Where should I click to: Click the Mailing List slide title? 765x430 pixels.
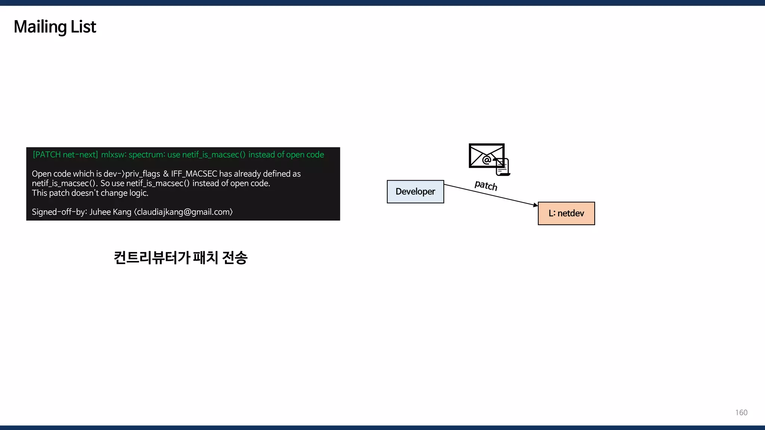[x=55, y=27]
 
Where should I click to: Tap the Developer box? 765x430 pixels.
[x=415, y=191]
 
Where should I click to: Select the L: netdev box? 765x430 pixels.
[x=566, y=213]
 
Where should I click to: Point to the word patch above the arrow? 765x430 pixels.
[x=486, y=185]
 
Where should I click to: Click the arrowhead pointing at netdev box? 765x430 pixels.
[x=536, y=205]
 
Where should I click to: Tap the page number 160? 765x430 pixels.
[x=741, y=412]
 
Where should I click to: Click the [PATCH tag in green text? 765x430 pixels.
[x=47, y=155]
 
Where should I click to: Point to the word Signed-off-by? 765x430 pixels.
[x=59, y=212]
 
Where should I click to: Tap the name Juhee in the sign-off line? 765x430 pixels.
[x=100, y=212]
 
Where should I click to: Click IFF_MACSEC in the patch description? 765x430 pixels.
[x=194, y=174]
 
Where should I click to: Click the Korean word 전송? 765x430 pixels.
[x=235, y=258]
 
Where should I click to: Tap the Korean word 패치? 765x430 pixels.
[x=205, y=258]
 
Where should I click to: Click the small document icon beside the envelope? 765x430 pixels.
[x=502, y=167]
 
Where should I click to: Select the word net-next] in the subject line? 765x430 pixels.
[x=80, y=155]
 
